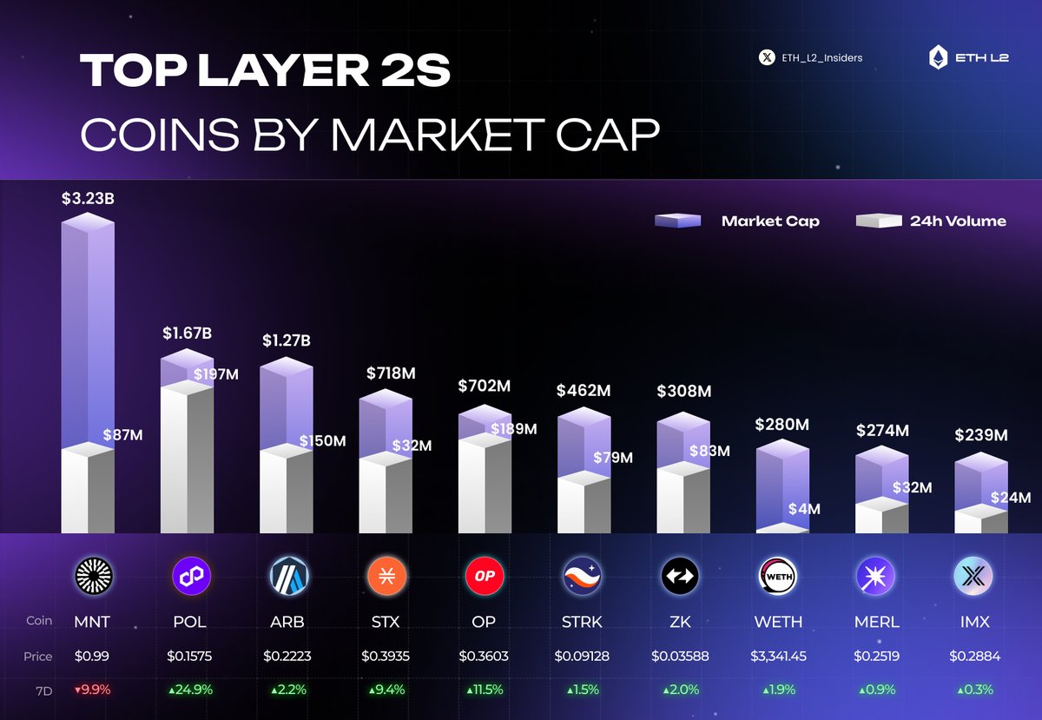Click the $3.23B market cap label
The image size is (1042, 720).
(88, 199)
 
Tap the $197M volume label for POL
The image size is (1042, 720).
(215, 374)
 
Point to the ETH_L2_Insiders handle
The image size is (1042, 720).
(811, 58)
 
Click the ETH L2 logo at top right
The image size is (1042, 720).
(968, 58)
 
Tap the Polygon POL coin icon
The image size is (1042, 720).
(188, 575)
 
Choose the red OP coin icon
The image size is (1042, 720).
(485, 575)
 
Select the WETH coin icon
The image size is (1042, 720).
(778, 575)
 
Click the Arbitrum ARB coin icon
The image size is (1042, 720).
(287, 575)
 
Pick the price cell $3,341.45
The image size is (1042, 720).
(778, 657)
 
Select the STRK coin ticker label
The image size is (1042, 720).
(582, 622)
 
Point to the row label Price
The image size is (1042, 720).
(37, 657)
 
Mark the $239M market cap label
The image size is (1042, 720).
(981, 435)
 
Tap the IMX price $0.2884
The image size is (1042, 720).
(977, 657)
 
